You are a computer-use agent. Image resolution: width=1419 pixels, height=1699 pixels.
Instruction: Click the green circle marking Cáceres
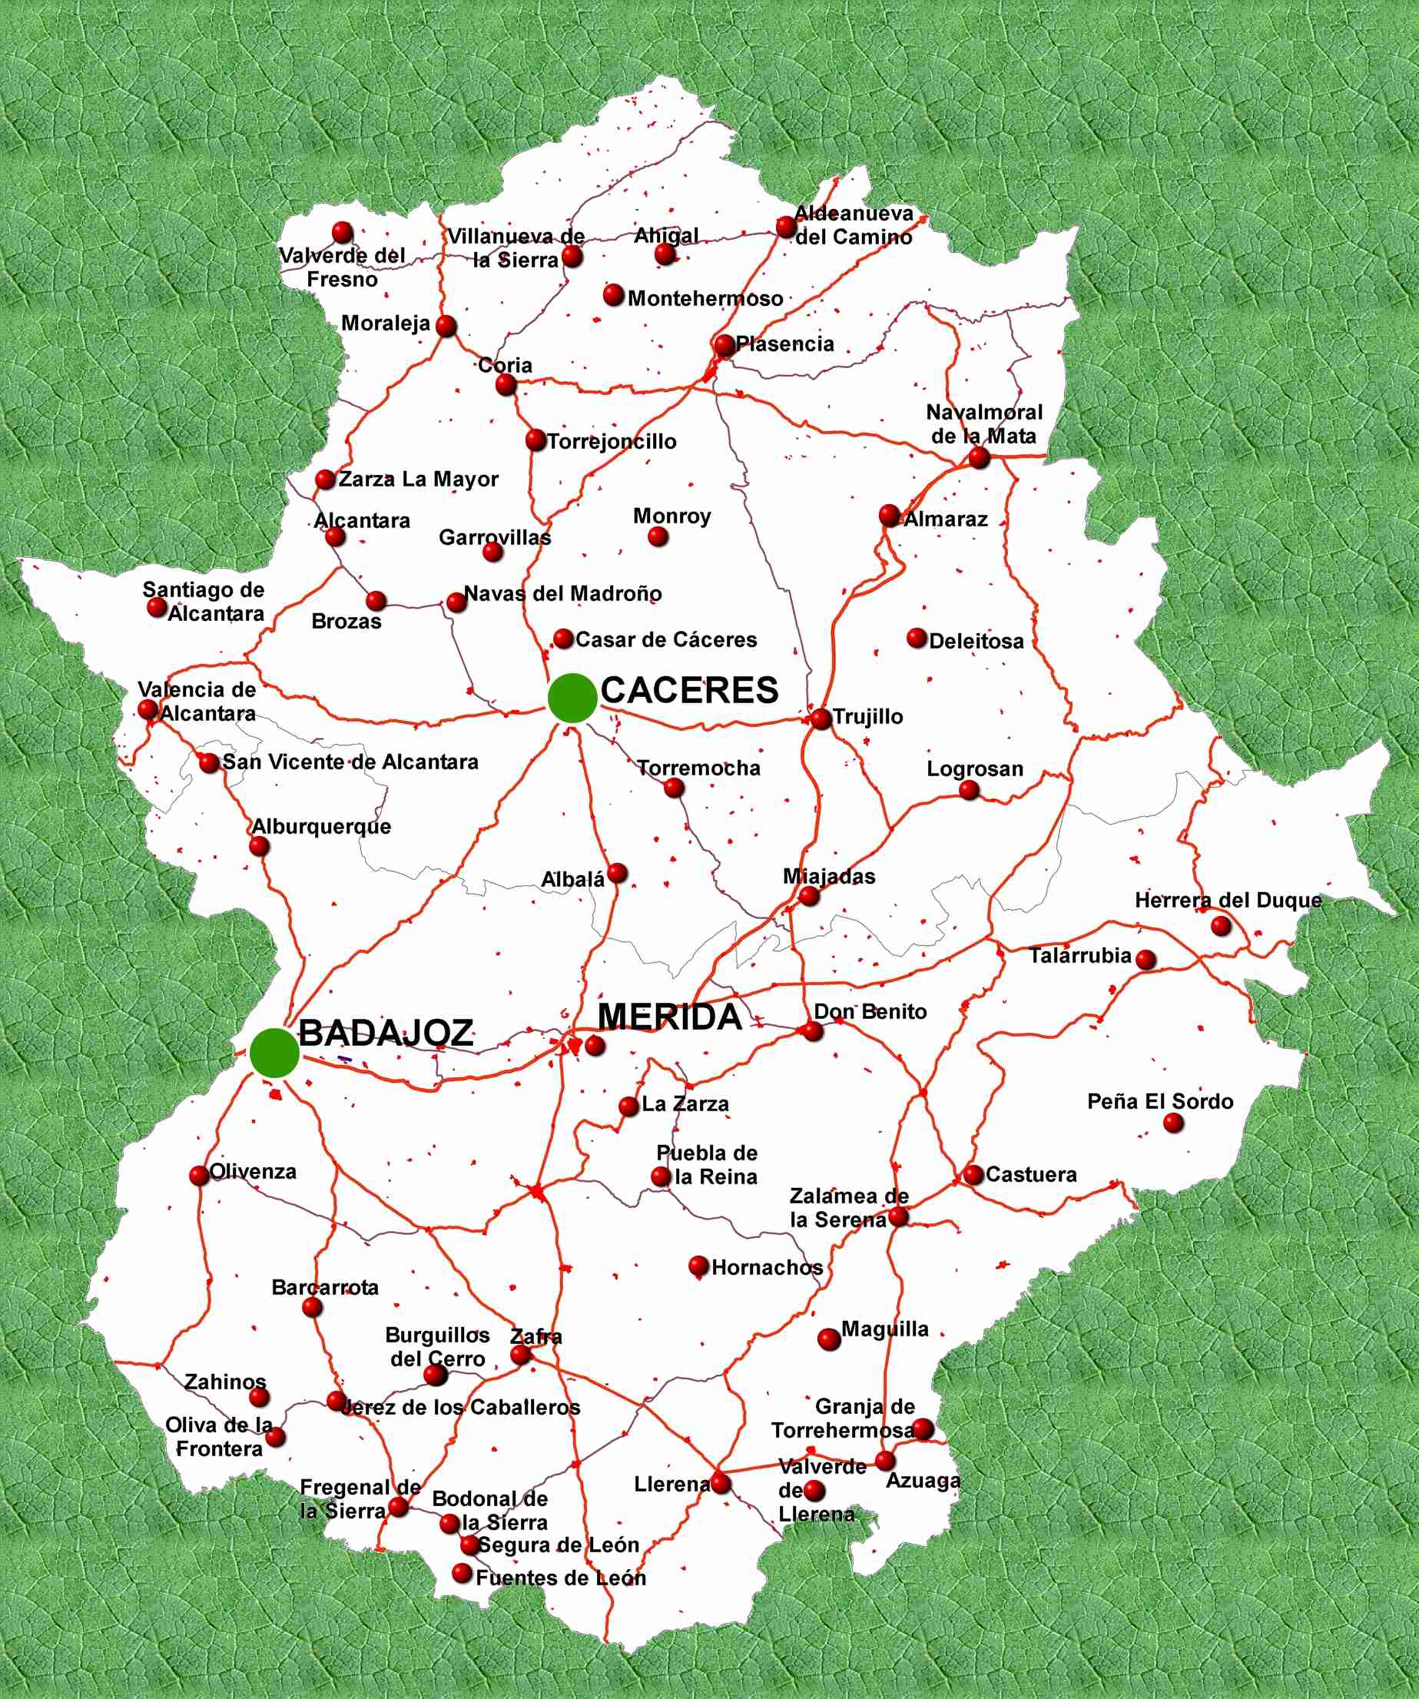(572, 698)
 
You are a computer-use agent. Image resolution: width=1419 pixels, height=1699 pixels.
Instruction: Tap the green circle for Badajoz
(274, 1053)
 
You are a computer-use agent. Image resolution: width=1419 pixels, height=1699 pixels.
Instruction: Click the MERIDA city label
(669, 1017)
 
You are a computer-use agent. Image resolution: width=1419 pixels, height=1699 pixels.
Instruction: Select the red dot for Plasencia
(724, 346)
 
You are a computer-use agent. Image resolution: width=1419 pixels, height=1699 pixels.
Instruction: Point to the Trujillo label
(867, 717)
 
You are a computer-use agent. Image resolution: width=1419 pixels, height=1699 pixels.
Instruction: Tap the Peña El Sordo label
(1159, 1102)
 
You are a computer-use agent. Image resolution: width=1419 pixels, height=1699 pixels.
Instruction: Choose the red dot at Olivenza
(199, 1175)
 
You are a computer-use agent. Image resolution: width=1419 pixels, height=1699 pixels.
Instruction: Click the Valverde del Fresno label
(342, 267)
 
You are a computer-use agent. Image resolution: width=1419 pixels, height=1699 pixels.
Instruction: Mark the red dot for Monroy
(658, 536)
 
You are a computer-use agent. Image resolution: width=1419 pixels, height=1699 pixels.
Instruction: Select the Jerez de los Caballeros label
(461, 1408)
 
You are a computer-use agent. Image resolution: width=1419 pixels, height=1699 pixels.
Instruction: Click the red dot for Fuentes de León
(462, 1574)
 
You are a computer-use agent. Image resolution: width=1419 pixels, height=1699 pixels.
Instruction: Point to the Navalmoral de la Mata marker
(979, 458)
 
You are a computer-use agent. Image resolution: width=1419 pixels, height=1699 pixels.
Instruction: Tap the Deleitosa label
(976, 642)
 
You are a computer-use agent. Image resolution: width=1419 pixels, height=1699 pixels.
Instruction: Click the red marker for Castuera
(973, 1174)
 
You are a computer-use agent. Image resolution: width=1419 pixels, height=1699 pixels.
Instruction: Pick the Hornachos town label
(767, 1268)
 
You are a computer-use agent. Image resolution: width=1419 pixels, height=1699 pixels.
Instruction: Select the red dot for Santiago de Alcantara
(157, 607)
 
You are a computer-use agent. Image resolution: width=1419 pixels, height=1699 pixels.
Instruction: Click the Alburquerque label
(321, 827)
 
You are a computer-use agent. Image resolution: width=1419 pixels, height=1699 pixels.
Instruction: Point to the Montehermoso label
(705, 299)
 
